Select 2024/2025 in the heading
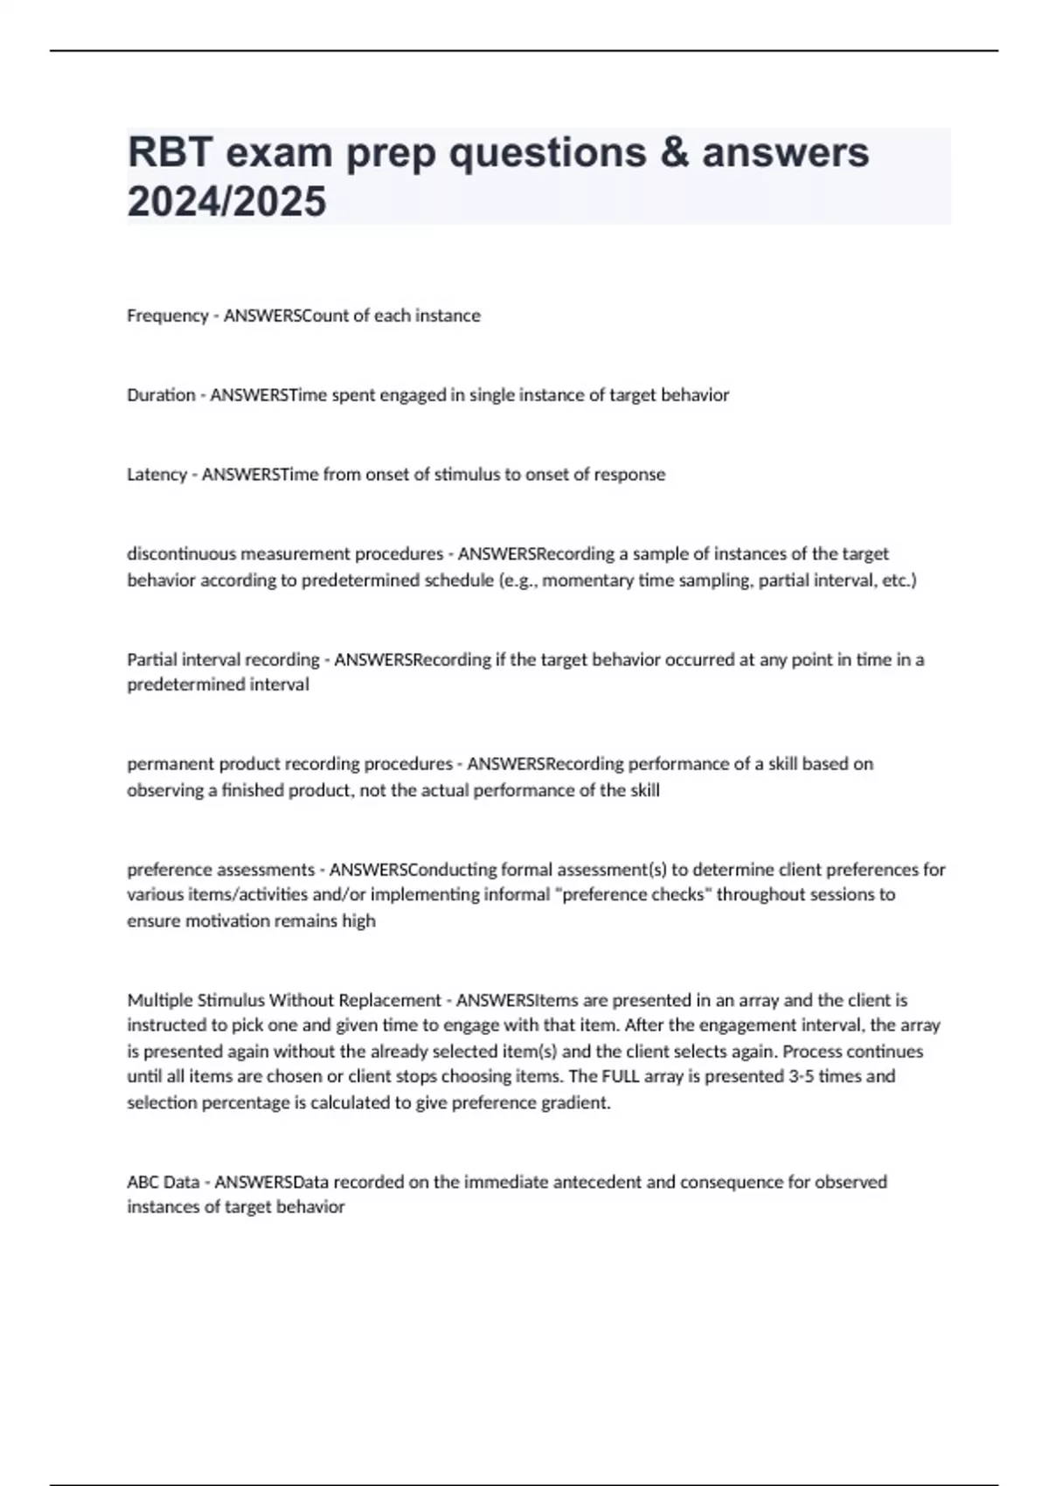coord(226,202)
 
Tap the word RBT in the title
coord(170,153)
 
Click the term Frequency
coord(167,316)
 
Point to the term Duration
coord(161,395)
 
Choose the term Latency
coord(156,475)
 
